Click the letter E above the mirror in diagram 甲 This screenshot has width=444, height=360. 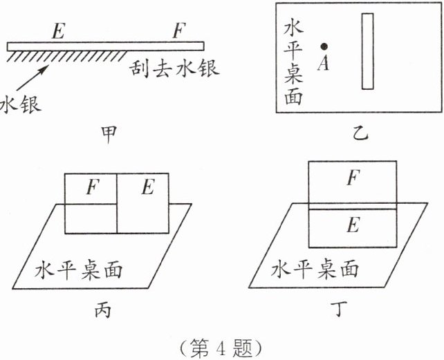[x=59, y=31]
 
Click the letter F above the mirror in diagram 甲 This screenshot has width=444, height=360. [x=179, y=31]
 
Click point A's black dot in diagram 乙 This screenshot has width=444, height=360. [x=323, y=46]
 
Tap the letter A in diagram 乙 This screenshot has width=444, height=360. [x=322, y=64]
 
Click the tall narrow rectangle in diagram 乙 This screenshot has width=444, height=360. [x=367, y=51]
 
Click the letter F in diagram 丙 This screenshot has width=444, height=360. [x=91, y=187]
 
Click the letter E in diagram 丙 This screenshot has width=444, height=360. [x=147, y=187]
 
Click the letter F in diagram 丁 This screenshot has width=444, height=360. [x=352, y=179]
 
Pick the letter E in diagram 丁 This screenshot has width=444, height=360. [x=352, y=225]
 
